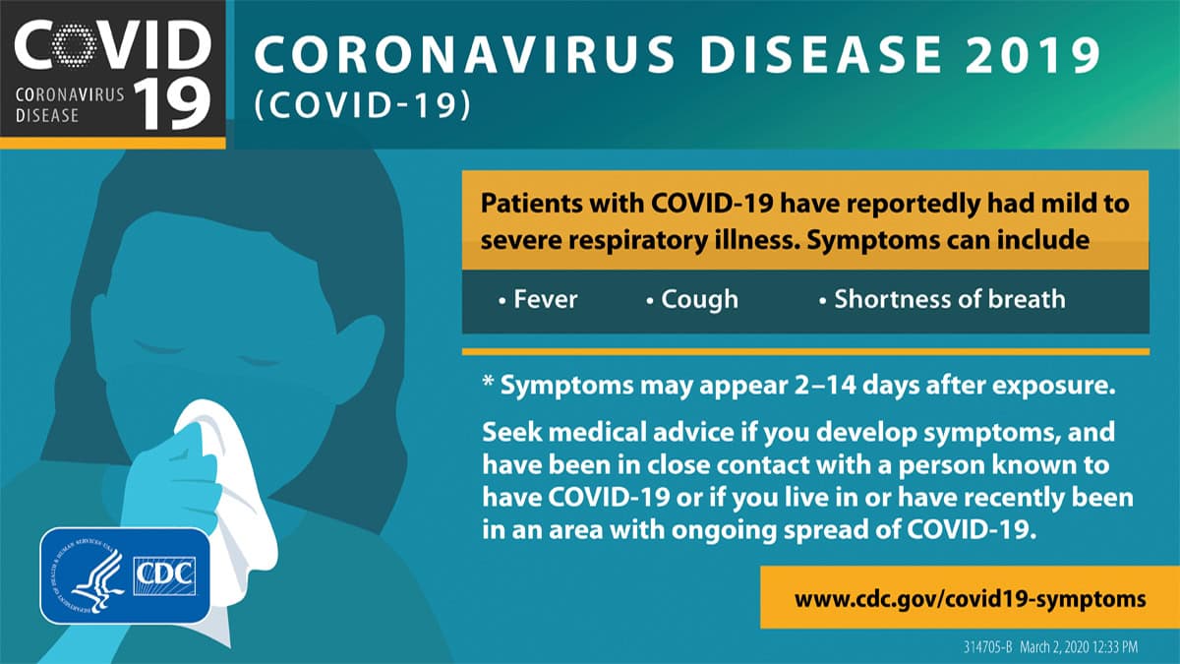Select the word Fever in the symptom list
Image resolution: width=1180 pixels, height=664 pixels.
[x=545, y=299]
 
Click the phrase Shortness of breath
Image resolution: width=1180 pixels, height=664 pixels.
[x=949, y=299]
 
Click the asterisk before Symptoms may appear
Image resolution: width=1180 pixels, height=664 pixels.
[x=487, y=385]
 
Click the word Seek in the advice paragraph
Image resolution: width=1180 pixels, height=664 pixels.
[x=509, y=433]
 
